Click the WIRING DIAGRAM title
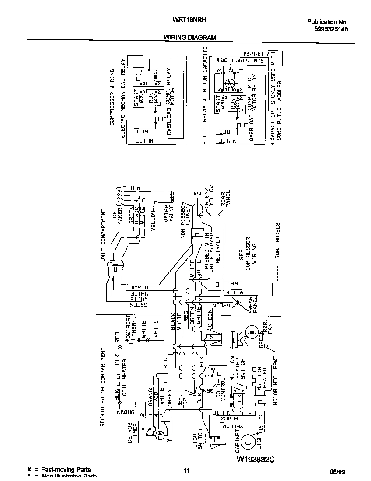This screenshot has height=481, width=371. click(190, 38)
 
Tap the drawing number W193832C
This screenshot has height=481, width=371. click(258, 459)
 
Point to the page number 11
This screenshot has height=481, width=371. click(186, 471)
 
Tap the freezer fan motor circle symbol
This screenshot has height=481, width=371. click(251, 332)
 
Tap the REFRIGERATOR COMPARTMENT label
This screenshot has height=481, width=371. click(103, 387)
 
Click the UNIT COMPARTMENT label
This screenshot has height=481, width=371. click(103, 236)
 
